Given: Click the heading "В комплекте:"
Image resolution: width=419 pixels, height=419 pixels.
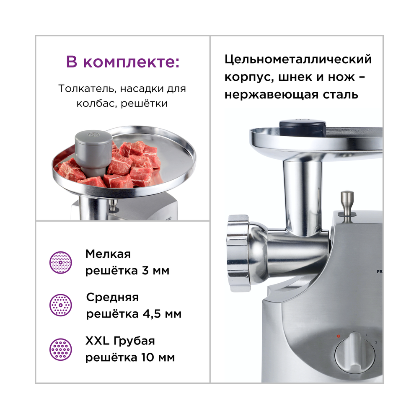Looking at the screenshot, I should click(x=123, y=62).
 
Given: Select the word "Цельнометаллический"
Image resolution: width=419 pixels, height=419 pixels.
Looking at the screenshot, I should click(x=298, y=59).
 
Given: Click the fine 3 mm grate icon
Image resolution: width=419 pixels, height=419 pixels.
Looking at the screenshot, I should click(x=59, y=262).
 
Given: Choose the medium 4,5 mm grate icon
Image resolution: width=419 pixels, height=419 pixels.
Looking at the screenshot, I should click(x=59, y=305).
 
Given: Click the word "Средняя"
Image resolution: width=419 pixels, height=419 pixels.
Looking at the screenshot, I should click(x=112, y=297).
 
